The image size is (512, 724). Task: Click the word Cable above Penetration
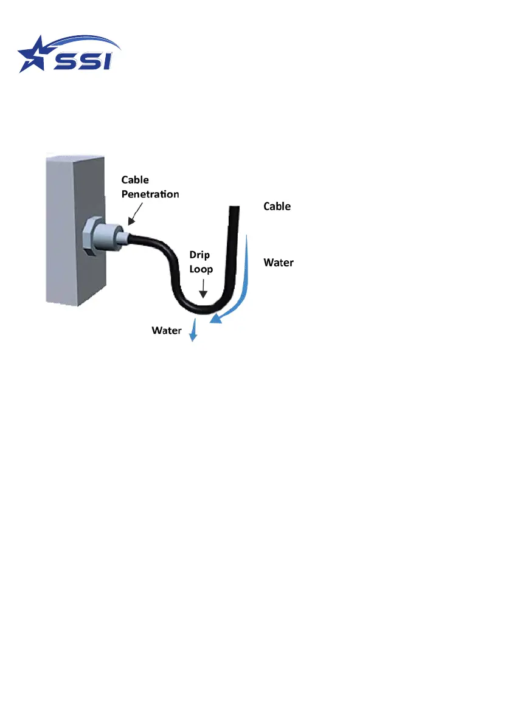point(135,179)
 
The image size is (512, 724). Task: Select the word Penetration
point(150,195)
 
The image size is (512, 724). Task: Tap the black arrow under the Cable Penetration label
point(134,213)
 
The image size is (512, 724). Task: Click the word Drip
point(199,255)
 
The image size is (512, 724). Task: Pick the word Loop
point(201,269)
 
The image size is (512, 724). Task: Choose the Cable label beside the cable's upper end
point(277,207)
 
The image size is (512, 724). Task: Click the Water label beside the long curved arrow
point(278,263)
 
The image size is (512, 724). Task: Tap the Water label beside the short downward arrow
point(166,331)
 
